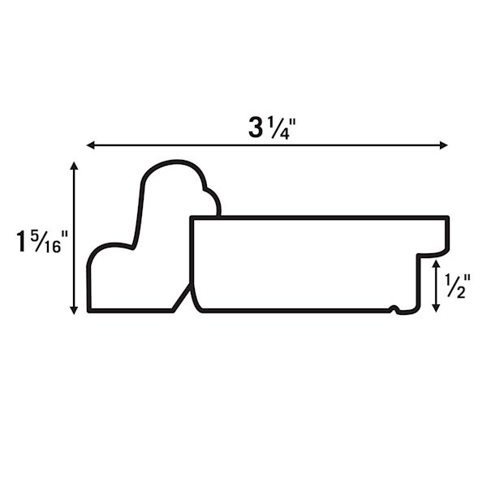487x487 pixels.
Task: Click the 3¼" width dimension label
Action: pos(273,128)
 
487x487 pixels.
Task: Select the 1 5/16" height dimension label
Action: pos(42,241)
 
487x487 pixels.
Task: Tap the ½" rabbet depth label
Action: pos(458,287)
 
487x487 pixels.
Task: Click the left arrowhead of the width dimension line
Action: pos(91,145)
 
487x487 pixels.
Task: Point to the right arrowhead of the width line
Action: pos(443,145)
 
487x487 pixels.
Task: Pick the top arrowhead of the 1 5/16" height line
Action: pos(74,166)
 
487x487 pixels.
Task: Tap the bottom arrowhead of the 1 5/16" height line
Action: pos(74,310)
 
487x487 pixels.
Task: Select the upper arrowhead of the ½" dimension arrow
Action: pos(436,265)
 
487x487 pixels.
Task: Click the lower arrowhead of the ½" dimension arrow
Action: pos(436,308)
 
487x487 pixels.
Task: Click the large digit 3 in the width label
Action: pos(256,128)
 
